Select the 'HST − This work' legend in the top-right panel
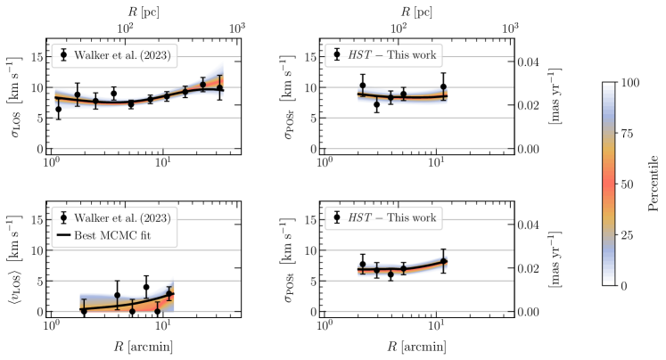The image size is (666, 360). tap(385, 54)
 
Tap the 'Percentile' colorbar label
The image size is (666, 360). tap(654, 184)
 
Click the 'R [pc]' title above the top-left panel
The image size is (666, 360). tap(143, 11)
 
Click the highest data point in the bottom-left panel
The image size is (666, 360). tap(146, 287)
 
